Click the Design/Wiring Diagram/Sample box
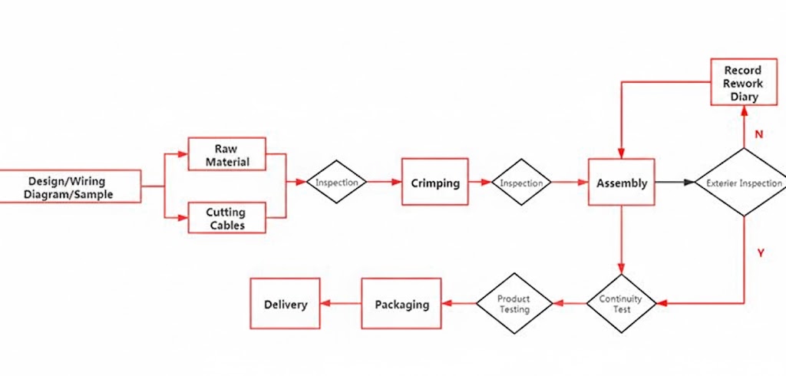pyautogui.click(x=70, y=186)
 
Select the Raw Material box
pyautogui.click(x=226, y=154)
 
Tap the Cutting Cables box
pyautogui.click(x=226, y=218)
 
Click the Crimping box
pyautogui.click(x=434, y=183)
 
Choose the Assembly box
pyautogui.click(x=621, y=183)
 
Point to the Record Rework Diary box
pyautogui.click(x=743, y=83)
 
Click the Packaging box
pyautogui.click(x=401, y=304)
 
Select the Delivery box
pyautogui.click(x=285, y=304)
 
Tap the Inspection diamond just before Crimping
pyautogui.click(x=336, y=183)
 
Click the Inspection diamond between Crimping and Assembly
pyautogui.click(x=521, y=183)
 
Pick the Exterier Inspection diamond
pyautogui.click(x=743, y=183)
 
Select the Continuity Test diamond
pyautogui.click(x=621, y=304)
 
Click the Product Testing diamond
pyautogui.click(x=514, y=304)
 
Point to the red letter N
pyautogui.click(x=758, y=134)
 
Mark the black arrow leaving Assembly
pyautogui.click(x=675, y=183)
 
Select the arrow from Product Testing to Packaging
pyautogui.click(x=458, y=304)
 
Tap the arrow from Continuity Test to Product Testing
pyautogui.click(x=569, y=304)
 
